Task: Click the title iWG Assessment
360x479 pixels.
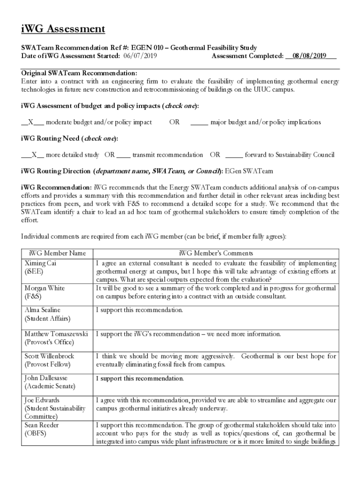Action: pyautogui.click(x=63, y=29)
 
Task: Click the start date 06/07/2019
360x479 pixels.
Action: pyautogui.click(x=140, y=56)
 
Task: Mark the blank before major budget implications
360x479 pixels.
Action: pyautogui.click(x=199, y=122)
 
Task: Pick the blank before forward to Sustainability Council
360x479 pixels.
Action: pyautogui.click(x=234, y=154)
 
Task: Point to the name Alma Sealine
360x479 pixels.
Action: pyautogui.click(x=43, y=310)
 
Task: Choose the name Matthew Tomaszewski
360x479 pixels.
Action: pyautogui.click(x=56, y=334)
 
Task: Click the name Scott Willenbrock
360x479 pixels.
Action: pyautogui.click(x=49, y=356)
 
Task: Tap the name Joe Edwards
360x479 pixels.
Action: pyautogui.click(x=42, y=400)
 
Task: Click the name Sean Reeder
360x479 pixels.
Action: pyautogui.click(x=43, y=425)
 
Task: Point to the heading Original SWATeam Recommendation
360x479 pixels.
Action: pyautogui.click(x=79, y=73)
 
